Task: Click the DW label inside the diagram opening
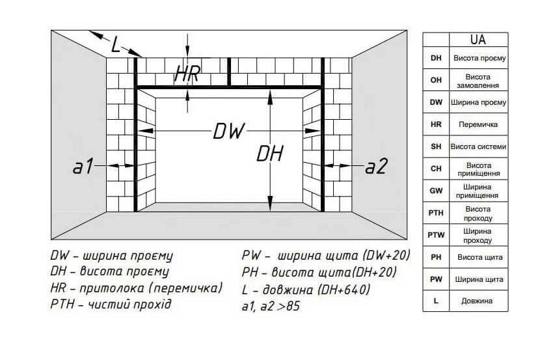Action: click(x=228, y=132)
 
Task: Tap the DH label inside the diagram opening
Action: click(x=270, y=154)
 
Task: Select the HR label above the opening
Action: click(x=187, y=74)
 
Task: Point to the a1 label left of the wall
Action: click(x=83, y=167)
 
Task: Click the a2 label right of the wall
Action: click(x=377, y=167)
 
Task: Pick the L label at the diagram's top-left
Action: click(x=116, y=44)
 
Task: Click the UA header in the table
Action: click(x=478, y=40)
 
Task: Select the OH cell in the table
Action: click(x=436, y=80)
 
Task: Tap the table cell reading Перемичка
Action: click(x=478, y=124)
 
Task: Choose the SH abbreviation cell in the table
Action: click(x=436, y=146)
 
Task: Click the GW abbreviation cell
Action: click(x=436, y=191)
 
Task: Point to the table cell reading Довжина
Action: click(x=478, y=301)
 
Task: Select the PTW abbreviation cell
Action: click(x=436, y=235)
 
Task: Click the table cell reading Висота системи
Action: click(x=478, y=146)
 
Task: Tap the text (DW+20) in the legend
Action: click(x=386, y=255)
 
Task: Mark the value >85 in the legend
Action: click(x=288, y=306)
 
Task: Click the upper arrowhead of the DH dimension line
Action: click(x=271, y=98)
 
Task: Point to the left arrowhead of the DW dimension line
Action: click(x=145, y=131)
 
